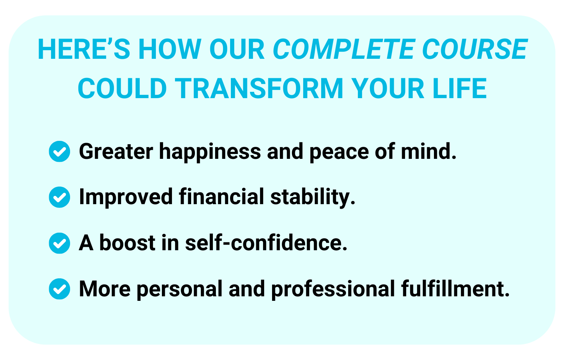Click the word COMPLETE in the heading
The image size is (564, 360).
click(344, 49)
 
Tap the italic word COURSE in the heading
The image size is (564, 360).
click(474, 49)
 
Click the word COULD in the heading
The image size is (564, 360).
click(122, 88)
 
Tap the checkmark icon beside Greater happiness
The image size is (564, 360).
click(60, 151)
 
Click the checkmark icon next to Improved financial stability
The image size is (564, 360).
click(60, 197)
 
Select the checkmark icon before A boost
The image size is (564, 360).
click(60, 243)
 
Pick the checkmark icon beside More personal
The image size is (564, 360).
click(60, 289)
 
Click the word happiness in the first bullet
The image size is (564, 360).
click(210, 152)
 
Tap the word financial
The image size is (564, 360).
click(221, 197)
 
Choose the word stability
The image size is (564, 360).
click(313, 198)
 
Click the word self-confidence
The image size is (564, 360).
click(266, 243)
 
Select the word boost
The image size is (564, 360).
click(127, 243)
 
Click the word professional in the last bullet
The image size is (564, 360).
click(333, 290)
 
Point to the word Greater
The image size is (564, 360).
click(116, 151)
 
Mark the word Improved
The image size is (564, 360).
click(126, 198)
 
